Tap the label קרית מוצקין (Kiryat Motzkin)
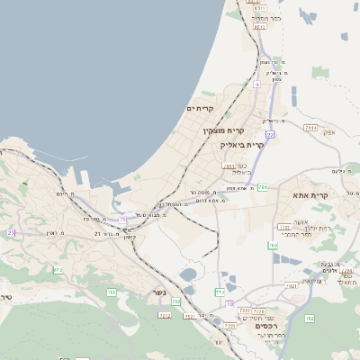(223, 131)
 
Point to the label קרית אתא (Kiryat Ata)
(311, 195)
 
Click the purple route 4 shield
(256, 84)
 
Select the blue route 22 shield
(269, 134)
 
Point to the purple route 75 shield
(121, 219)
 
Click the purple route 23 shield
(12, 232)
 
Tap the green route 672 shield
(58, 270)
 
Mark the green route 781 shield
(262, 187)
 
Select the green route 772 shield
(220, 292)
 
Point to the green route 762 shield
(309, 318)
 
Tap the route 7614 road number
(311, 128)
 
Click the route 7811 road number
(229, 166)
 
